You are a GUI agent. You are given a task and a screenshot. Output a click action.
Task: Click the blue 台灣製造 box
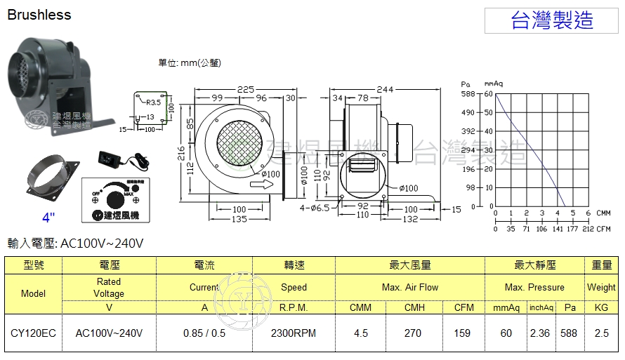coord(553,20)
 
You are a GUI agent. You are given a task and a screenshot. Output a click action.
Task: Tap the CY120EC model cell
coord(33,333)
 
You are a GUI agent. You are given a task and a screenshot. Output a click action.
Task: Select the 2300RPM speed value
coord(294,333)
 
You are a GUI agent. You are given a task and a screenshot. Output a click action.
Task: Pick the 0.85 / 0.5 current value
coord(204,333)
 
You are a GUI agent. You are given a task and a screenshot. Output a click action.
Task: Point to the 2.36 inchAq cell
coord(541,333)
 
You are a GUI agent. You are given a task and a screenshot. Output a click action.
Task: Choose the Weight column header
coord(601,287)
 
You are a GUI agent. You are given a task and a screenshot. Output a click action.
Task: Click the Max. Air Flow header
coord(410,287)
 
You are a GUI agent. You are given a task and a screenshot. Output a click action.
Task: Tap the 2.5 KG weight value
coord(601,333)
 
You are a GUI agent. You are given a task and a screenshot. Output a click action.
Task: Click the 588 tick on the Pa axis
coord(468,93)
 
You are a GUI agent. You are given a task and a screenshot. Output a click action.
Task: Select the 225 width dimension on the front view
coord(245,89)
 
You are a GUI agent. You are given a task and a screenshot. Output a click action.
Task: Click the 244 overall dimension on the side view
coord(384,89)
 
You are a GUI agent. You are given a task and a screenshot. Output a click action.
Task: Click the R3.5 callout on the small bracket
coord(154,102)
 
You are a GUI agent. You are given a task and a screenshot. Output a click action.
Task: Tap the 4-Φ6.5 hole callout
coord(313,208)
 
